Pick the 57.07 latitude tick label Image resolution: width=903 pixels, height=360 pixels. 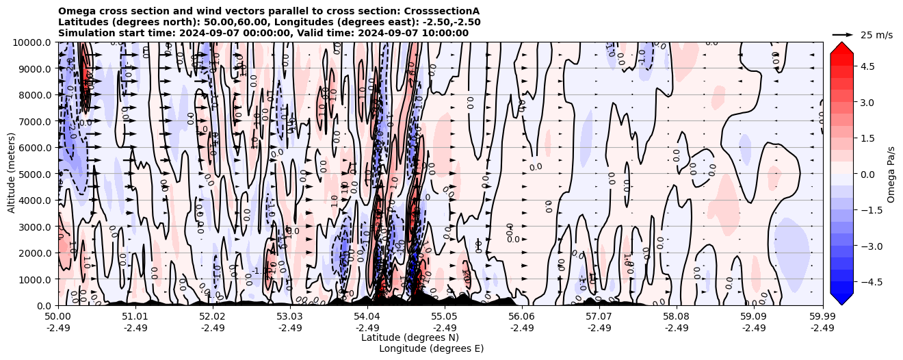tap(599, 317)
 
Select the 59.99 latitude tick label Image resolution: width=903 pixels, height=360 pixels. tap(822, 317)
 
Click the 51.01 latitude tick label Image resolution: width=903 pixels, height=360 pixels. tap(135, 317)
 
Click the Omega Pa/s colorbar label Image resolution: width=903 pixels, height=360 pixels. tap(891, 174)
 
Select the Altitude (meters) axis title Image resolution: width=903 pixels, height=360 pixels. tap(11, 174)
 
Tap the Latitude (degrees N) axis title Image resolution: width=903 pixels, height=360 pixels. tap(410, 337)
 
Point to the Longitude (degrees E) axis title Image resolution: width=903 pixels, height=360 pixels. tap(431, 348)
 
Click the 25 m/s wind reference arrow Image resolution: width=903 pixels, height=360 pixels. tap(843, 34)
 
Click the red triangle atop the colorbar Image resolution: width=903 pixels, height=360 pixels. tap(841, 47)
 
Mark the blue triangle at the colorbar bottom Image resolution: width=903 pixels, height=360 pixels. tap(841, 298)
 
